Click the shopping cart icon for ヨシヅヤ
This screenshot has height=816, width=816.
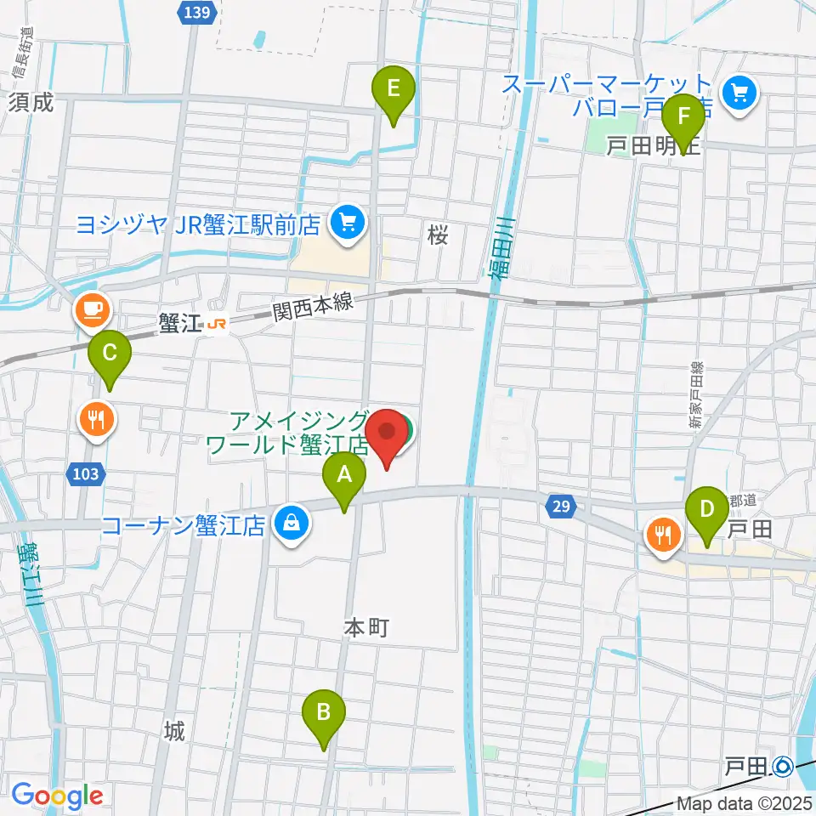[348, 224]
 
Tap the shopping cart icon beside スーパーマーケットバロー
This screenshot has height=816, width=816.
[739, 94]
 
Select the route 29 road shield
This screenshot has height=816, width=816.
[558, 507]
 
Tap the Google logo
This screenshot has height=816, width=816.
[57, 796]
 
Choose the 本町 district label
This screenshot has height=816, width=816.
[366, 628]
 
